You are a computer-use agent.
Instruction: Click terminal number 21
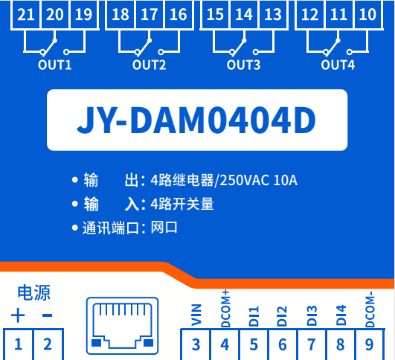tap(26, 14)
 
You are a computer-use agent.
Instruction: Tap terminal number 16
tap(179, 14)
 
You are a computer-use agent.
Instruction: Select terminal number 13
tap(273, 14)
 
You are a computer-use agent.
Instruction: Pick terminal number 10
tap(367, 14)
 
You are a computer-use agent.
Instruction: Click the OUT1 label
tap(54, 65)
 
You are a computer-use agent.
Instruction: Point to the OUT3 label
tap(243, 65)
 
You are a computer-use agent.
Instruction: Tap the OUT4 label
tap(338, 65)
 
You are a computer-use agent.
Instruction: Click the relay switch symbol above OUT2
tap(149, 43)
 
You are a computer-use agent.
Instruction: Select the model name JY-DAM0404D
tap(196, 120)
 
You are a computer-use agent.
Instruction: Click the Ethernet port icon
tap(123, 326)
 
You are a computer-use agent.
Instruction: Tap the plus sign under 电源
tap(18, 315)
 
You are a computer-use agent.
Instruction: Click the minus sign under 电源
tap(47, 315)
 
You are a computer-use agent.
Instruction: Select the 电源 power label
tap(34, 293)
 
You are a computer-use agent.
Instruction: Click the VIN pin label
tap(196, 315)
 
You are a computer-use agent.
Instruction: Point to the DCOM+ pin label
tap(225, 309)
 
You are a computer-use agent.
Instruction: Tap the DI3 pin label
tap(312, 315)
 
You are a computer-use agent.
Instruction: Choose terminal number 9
tap(369, 344)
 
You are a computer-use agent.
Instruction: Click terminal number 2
tap(48, 344)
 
